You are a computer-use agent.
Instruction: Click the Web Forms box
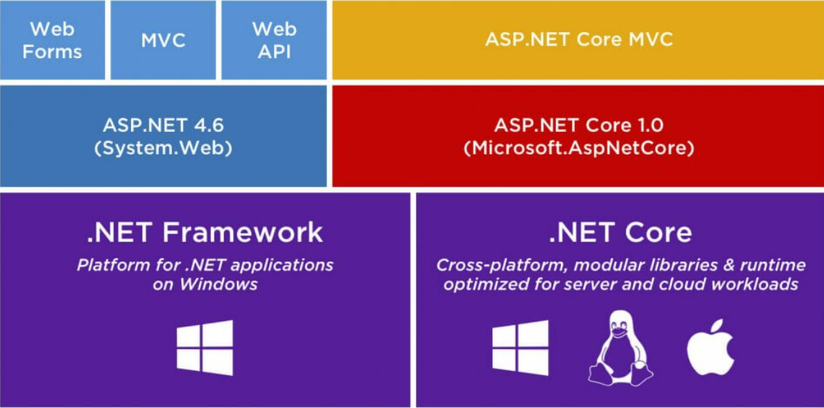(x=52, y=40)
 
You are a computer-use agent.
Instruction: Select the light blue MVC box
(x=163, y=40)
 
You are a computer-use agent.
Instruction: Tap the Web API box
(x=274, y=40)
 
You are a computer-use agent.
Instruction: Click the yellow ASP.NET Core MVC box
(x=578, y=40)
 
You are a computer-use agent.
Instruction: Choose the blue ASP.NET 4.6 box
(x=163, y=136)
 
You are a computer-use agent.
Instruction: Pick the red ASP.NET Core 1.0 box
(x=578, y=136)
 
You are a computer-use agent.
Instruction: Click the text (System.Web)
(x=163, y=149)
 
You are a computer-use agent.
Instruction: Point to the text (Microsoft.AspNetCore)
(x=578, y=149)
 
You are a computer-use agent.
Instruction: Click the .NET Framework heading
(x=205, y=232)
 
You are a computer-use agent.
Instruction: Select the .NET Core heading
(x=620, y=232)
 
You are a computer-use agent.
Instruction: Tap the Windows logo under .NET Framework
(x=205, y=348)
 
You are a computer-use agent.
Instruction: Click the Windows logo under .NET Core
(x=520, y=348)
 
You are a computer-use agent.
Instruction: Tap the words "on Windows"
(x=205, y=284)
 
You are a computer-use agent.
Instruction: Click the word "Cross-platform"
(x=501, y=264)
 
